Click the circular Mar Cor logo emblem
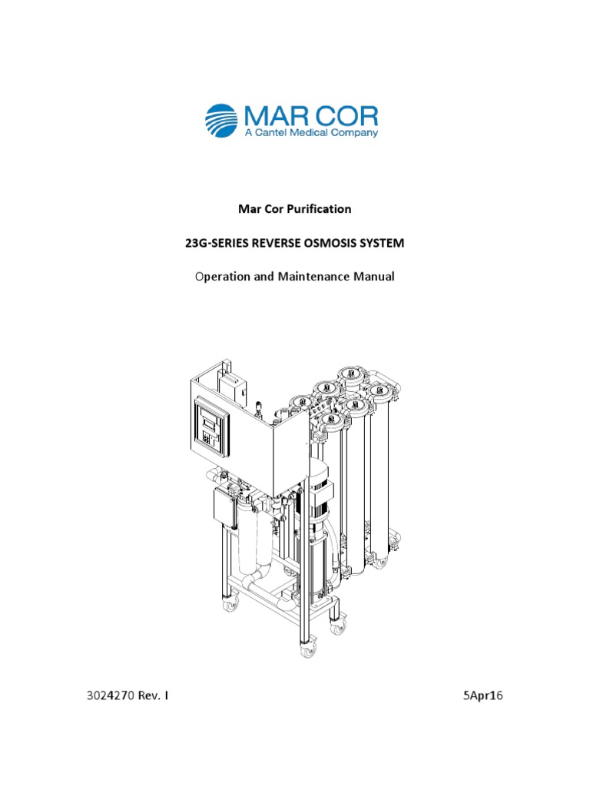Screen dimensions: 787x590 [223, 121]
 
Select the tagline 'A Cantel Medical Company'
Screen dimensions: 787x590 [310, 134]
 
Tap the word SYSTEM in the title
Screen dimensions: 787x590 [383, 243]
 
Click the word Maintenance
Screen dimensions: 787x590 [310, 276]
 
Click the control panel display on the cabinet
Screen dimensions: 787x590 [210, 422]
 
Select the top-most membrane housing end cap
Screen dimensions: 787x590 [352, 374]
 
